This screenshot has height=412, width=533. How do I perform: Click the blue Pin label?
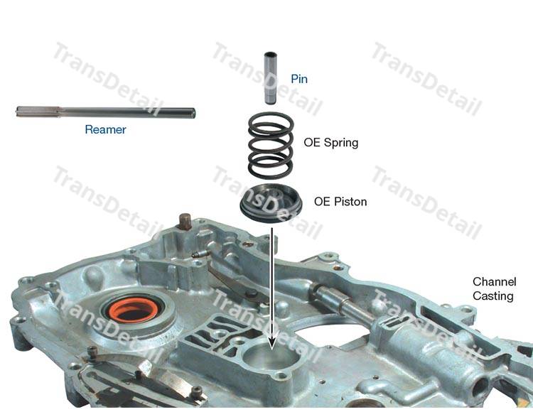pos(299,79)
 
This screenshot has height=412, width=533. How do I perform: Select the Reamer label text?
pos(105,129)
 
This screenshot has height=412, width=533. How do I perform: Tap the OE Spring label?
pos(330,142)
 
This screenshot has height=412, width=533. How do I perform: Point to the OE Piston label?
pos(340,202)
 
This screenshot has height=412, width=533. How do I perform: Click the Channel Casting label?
pos(494,288)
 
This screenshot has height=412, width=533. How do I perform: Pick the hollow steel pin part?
pos(271,77)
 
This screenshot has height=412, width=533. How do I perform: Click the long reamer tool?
pos(106,112)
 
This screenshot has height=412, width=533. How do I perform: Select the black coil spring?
pos(271,146)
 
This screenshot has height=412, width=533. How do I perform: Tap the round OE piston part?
pos(271,203)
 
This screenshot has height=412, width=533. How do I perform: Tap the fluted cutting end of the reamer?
pos(38,112)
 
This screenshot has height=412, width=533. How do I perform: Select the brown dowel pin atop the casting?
pos(185,222)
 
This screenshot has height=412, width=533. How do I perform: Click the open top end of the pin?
pos(271,54)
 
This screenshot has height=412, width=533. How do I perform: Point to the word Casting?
pos(493,296)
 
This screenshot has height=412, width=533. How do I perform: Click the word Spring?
pos(341,143)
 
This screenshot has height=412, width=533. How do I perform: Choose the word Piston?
pos(350,202)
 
